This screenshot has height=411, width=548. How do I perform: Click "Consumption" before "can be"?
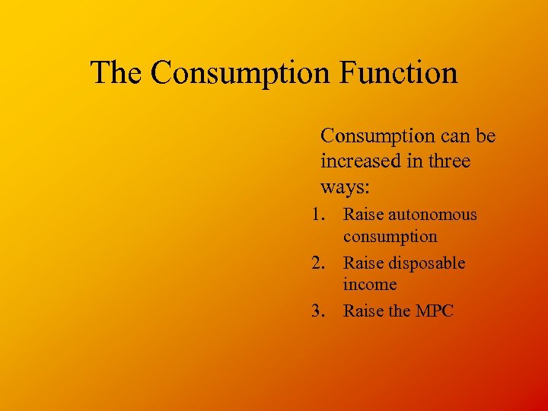point(376,136)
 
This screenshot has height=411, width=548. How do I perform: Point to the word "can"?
point(454,136)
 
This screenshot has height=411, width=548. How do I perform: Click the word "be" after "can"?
point(486,136)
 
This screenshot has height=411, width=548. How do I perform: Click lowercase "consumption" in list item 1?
point(390,237)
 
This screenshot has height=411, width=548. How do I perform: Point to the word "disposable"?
point(427,263)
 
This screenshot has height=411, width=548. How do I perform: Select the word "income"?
point(370,285)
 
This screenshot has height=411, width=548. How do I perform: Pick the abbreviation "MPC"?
point(435,311)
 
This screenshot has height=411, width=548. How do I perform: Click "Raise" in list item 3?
point(363,311)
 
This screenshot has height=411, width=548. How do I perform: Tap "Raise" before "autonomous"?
point(363,215)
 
